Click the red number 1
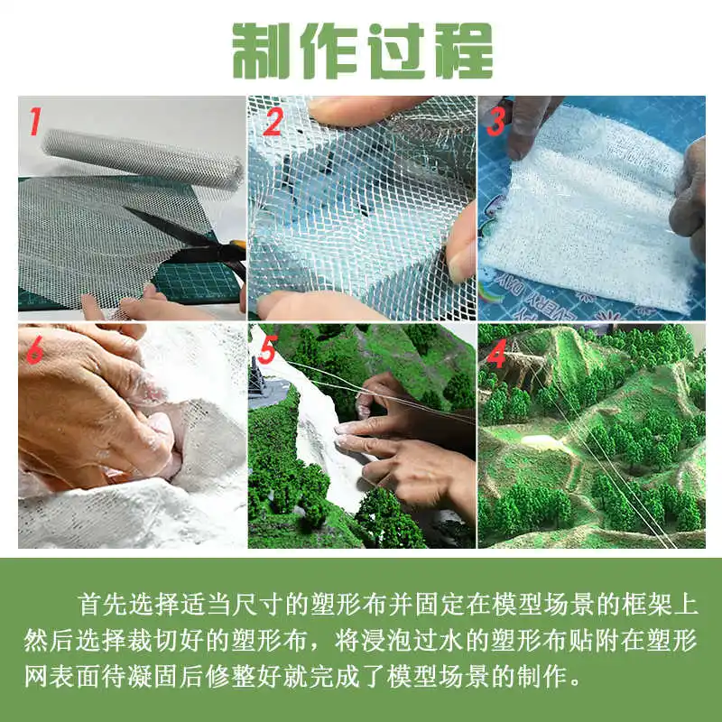coord(35,121)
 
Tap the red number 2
coord(273,122)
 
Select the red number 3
coord(495,122)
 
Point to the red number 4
coord(497,354)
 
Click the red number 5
coord(267,349)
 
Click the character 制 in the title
coord(261,51)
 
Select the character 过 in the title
coord(396,51)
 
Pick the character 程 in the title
coord(464,51)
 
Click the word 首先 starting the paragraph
coord(102,604)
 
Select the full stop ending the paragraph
coord(575,681)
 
